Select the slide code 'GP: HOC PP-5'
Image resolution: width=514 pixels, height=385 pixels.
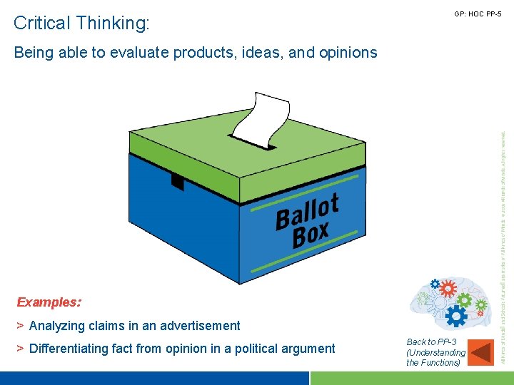(x=478, y=14)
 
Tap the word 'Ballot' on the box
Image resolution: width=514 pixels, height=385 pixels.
(x=307, y=212)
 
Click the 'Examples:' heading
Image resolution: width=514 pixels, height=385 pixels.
(x=49, y=302)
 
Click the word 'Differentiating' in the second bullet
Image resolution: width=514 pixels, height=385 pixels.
(x=68, y=349)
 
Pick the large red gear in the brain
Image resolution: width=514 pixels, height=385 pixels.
(x=448, y=289)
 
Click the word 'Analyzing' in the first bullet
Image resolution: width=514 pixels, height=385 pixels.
(x=58, y=326)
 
